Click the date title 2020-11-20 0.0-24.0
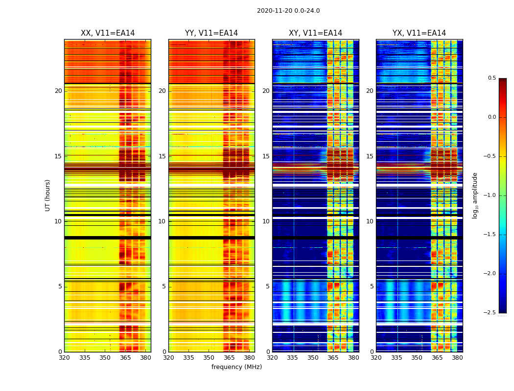coord(288,11)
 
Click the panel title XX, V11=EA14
coord(108,33)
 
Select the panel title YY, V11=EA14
coord(211,33)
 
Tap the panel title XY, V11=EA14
coord(315,33)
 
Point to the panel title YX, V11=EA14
coord(419,33)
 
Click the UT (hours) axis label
coord(47,195)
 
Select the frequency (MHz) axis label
coord(236,367)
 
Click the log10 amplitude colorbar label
coord(475,195)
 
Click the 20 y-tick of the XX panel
coord(58,91)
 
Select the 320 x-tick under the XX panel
coord(64,358)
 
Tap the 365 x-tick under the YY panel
coord(230,358)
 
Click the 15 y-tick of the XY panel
coord(266,156)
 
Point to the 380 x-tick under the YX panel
coord(457,358)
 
